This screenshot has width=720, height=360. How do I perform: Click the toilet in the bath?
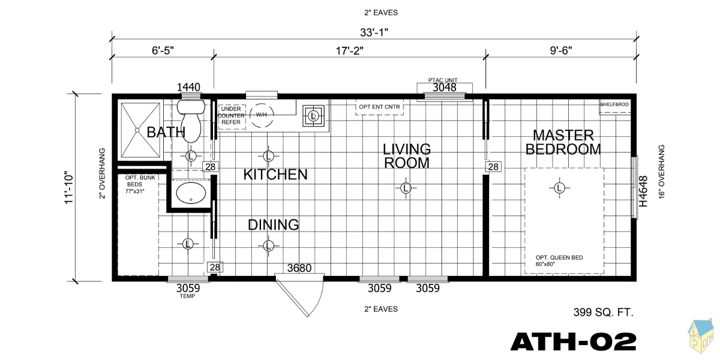191,121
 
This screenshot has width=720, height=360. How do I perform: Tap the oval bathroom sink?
191,193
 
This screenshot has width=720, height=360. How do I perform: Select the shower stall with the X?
140,130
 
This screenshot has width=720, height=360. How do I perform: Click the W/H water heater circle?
261,115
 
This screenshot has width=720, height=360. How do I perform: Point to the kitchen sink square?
314,116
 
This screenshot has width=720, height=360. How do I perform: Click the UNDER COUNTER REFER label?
231,115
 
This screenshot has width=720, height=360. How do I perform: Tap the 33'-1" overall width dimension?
374,32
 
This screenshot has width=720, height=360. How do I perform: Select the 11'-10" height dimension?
69,187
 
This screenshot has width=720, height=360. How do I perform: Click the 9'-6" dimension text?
561,50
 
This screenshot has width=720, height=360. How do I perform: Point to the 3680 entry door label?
299,268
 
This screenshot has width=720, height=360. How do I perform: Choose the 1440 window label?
188,87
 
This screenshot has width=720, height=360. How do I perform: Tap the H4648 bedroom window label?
643,191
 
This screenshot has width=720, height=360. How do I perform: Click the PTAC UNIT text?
443,80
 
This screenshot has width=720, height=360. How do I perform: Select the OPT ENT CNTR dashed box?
379,107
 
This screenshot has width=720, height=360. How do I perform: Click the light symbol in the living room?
406,188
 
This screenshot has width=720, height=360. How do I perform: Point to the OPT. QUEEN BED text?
559,257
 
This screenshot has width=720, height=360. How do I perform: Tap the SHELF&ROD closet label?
614,104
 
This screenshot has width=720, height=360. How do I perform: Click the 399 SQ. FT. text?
604,312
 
